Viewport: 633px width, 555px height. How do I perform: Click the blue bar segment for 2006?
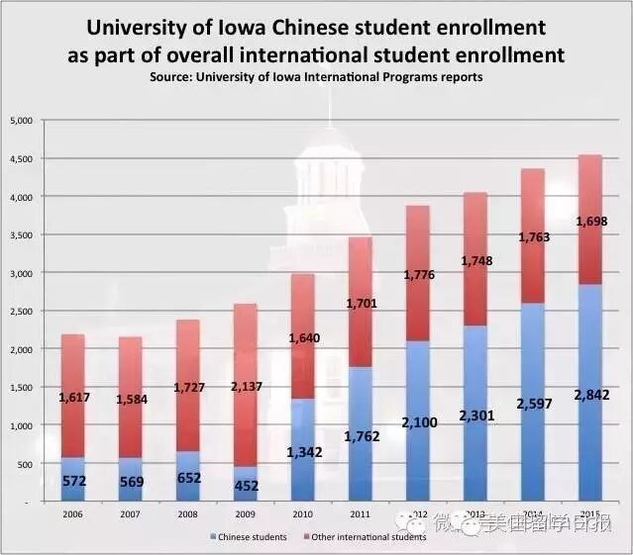(x=72, y=479)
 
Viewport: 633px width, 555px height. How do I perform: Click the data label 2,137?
(x=247, y=387)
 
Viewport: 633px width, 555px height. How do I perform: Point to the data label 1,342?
(x=305, y=452)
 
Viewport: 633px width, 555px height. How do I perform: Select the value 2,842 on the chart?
(x=589, y=395)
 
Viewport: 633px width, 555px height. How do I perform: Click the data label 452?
(x=248, y=486)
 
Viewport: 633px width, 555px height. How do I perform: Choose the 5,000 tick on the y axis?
(x=22, y=121)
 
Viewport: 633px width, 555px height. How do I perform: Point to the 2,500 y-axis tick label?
(x=22, y=312)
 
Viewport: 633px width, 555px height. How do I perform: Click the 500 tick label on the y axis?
(x=26, y=464)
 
